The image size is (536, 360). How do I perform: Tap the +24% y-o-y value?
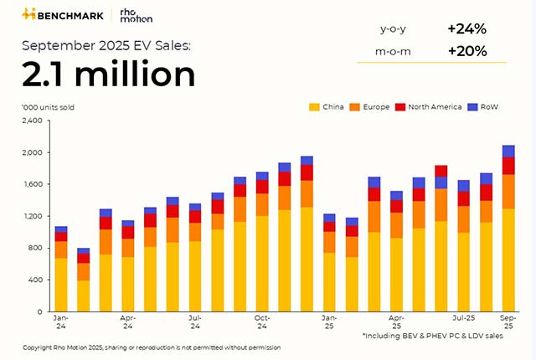[x=466, y=28]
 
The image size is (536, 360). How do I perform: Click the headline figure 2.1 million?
[x=109, y=75]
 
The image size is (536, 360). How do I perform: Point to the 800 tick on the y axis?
[x=33, y=248]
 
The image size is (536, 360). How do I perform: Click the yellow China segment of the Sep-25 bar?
[x=508, y=260]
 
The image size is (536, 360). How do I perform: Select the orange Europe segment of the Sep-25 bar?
[x=508, y=191]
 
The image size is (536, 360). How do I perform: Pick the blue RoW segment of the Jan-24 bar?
[x=61, y=229]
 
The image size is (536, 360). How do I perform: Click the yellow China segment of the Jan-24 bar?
[x=61, y=285]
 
